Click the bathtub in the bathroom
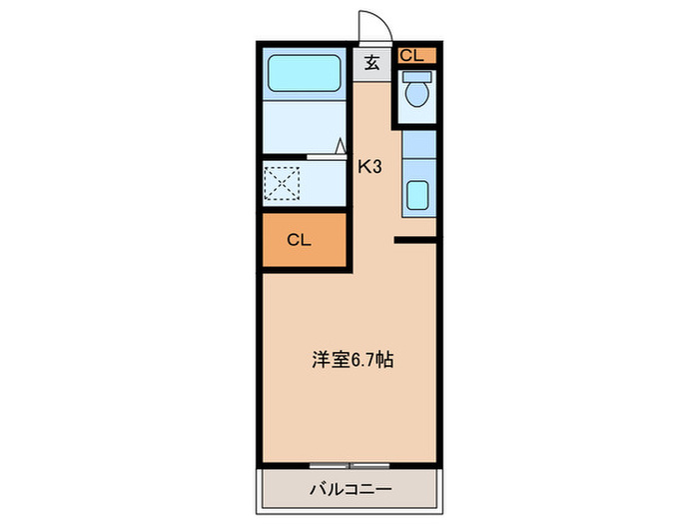click(x=304, y=73)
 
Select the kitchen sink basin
click(x=417, y=197)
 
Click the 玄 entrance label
click(x=370, y=63)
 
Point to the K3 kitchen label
click(x=370, y=167)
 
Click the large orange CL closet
click(x=304, y=240)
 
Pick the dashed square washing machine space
click(x=283, y=183)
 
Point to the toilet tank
click(x=416, y=76)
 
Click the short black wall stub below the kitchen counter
click(x=415, y=240)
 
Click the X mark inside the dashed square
click(x=283, y=183)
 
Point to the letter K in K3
click(x=365, y=167)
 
